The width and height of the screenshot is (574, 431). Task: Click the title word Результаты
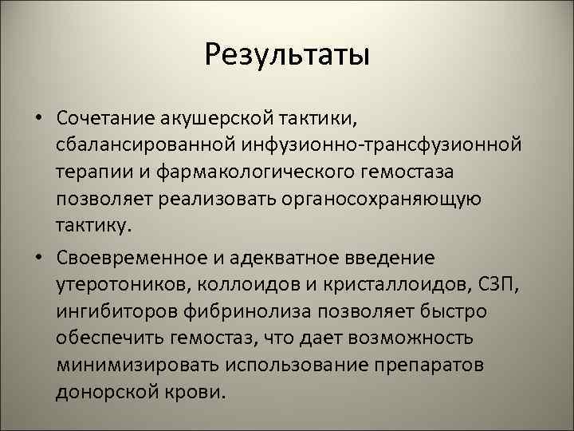point(287,55)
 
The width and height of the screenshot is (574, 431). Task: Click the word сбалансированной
point(144,145)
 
